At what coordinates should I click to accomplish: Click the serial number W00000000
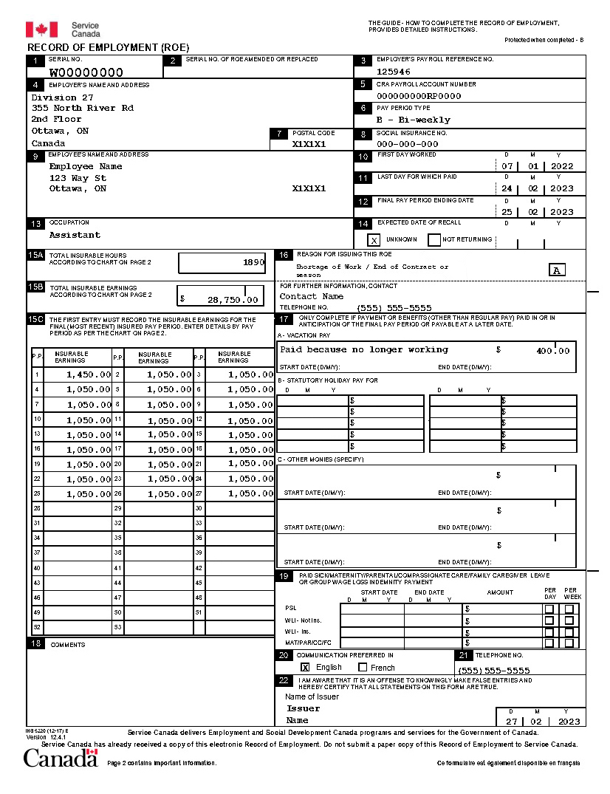[x=86, y=72]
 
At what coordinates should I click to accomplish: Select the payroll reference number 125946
[x=394, y=72]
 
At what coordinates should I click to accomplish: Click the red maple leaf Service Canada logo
[x=41, y=30]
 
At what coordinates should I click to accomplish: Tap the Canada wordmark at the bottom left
[x=60, y=759]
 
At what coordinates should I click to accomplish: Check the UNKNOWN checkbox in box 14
[x=374, y=240]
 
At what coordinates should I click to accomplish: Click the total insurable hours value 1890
[x=253, y=262]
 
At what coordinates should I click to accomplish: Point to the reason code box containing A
[x=558, y=270]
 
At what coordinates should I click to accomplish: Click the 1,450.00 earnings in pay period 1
[x=89, y=374]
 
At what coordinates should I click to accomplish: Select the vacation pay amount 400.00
[x=553, y=351]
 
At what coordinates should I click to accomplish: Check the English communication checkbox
[x=305, y=667]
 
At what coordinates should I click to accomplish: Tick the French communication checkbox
[x=363, y=667]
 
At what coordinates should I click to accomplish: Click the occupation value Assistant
[x=75, y=235]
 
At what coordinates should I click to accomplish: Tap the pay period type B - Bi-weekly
[x=413, y=120]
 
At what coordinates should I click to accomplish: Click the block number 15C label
[x=35, y=319]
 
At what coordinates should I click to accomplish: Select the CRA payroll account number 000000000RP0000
[x=419, y=96]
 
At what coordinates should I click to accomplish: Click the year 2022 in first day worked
[x=561, y=167]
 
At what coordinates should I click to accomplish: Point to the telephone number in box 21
[x=493, y=671]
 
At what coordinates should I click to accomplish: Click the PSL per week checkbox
[x=569, y=609]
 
